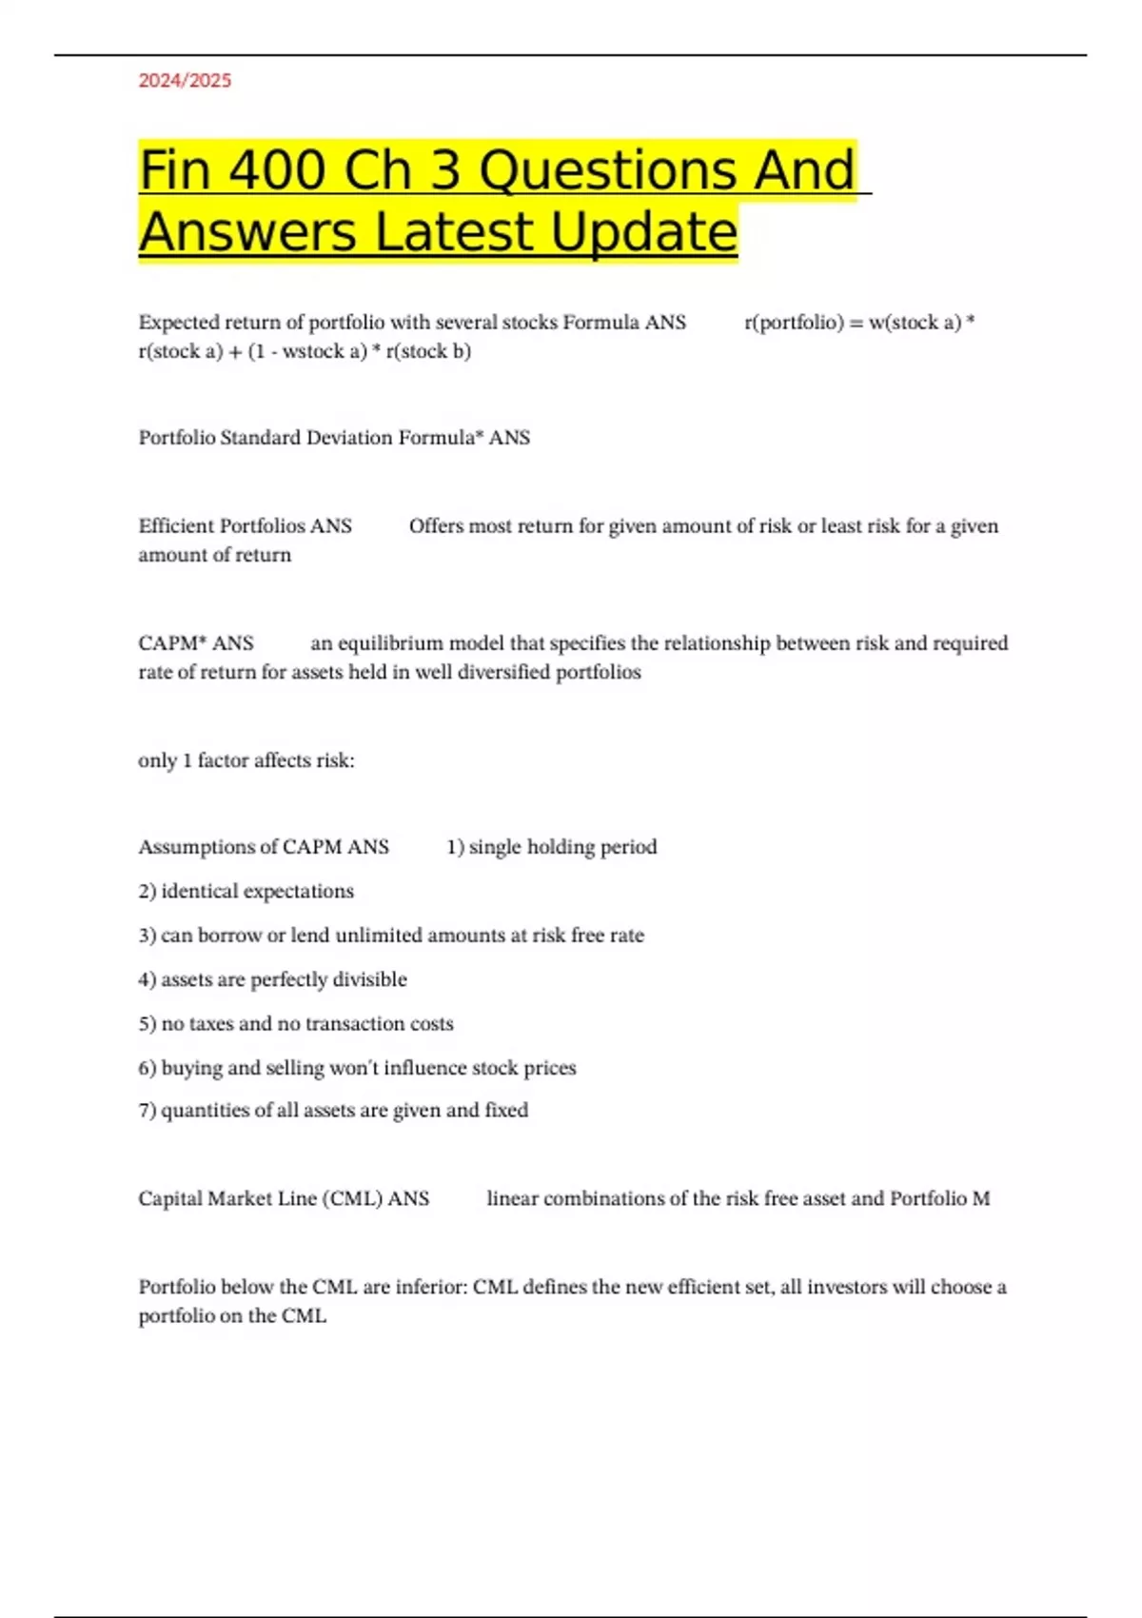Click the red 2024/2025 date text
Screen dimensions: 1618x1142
pyautogui.click(x=185, y=81)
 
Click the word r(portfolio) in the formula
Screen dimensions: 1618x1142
pyautogui.click(x=794, y=323)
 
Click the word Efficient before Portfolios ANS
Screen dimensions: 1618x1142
pyautogui.click(x=176, y=526)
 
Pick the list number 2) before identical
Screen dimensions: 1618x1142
pyautogui.click(x=148, y=892)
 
